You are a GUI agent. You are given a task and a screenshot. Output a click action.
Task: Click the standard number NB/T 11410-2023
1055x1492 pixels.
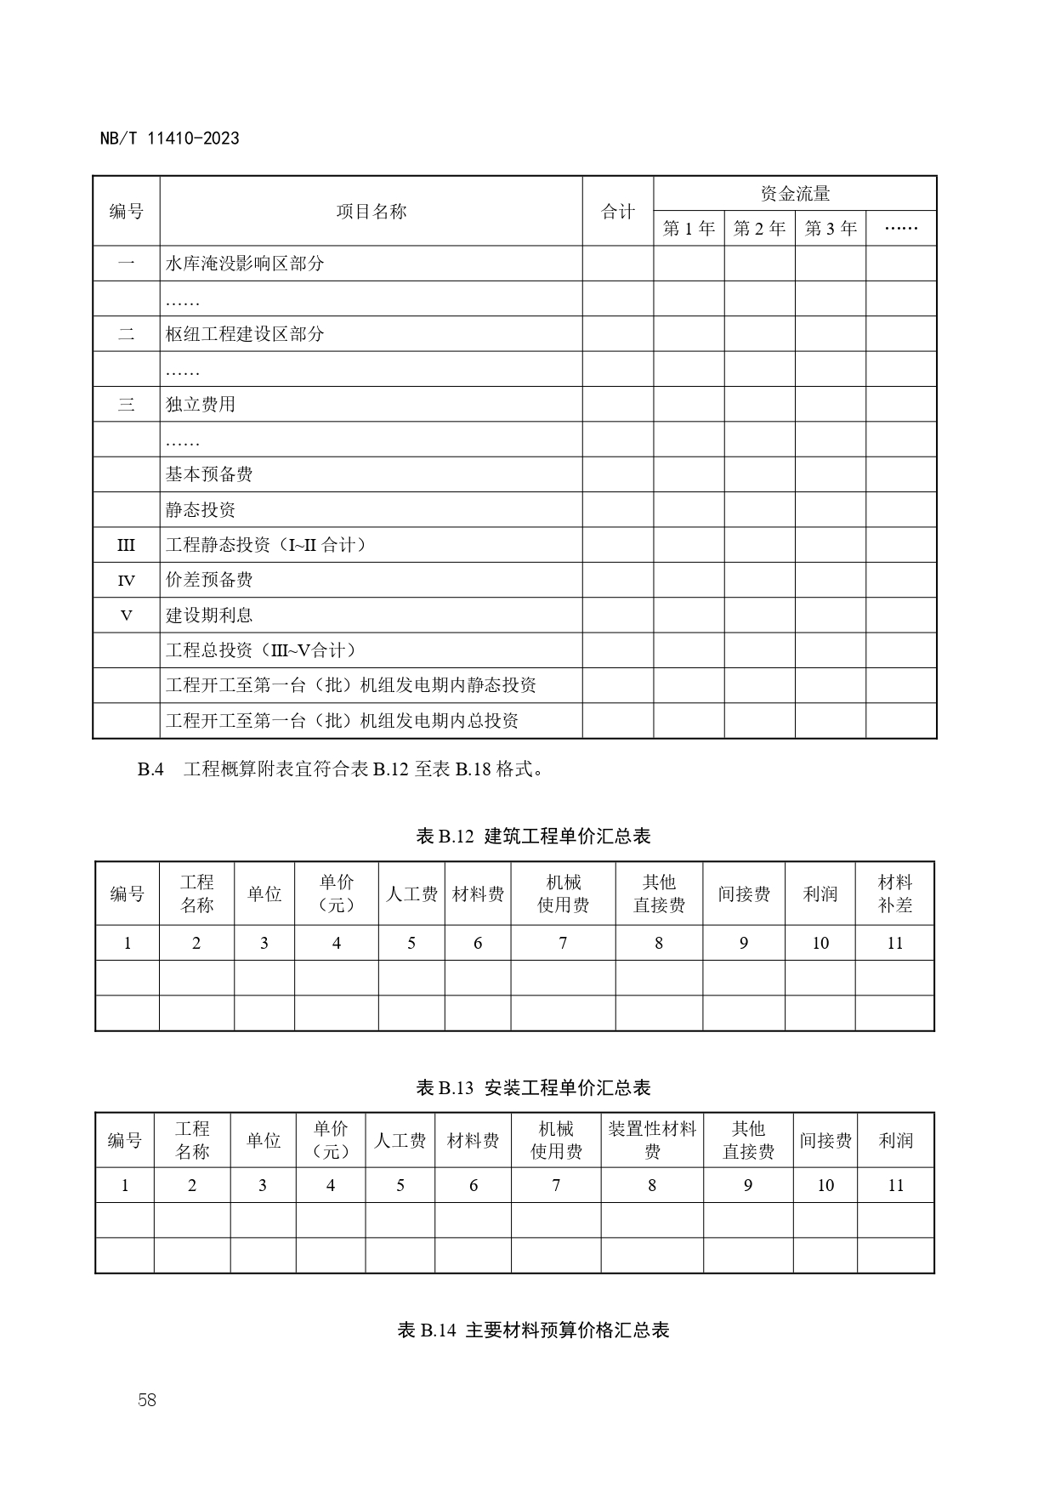[x=169, y=139]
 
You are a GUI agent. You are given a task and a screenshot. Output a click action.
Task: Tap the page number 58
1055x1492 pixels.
[x=147, y=1400]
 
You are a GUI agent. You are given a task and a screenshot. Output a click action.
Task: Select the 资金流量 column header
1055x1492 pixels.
[x=794, y=194]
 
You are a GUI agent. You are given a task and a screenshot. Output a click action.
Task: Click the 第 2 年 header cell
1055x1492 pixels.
[x=759, y=229]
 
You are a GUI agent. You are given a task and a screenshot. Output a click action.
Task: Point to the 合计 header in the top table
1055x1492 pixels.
[x=617, y=212]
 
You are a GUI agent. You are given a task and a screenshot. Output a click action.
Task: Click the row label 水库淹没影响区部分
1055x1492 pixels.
[x=245, y=264]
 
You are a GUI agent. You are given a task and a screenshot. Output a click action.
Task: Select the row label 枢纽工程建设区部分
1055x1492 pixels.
[x=245, y=334]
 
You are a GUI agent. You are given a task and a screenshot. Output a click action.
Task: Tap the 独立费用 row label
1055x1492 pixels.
[x=201, y=405]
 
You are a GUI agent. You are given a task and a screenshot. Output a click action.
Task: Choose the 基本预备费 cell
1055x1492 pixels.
[x=209, y=474]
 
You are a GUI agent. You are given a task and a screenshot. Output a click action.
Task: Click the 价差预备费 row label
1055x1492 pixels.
[x=209, y=580]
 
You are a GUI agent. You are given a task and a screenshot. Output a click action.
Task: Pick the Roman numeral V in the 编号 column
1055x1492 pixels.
[x=126, y=616]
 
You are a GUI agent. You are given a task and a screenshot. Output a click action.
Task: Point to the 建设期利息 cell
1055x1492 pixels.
[x=209, y=616]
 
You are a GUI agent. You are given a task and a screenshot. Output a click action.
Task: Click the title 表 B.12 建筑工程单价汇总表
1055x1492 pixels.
[x=533, y=837]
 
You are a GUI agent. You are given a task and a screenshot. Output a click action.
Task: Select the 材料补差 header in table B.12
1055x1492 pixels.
[x=894, y=893]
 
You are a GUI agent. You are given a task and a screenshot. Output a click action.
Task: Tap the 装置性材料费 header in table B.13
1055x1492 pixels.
[x=652, y=1140]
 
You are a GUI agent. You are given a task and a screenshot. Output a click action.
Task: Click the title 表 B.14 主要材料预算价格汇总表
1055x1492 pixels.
[x=533, y=1330]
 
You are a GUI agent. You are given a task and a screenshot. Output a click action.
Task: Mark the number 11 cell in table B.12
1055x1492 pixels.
[x=894, y=943]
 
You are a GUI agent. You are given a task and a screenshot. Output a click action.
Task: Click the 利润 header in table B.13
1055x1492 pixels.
[x=895, y=1140]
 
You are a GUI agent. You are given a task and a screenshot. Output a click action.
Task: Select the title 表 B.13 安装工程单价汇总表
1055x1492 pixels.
[x=533, y=1087]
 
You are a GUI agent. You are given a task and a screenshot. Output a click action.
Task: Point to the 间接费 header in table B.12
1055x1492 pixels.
[x=744, y=893]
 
